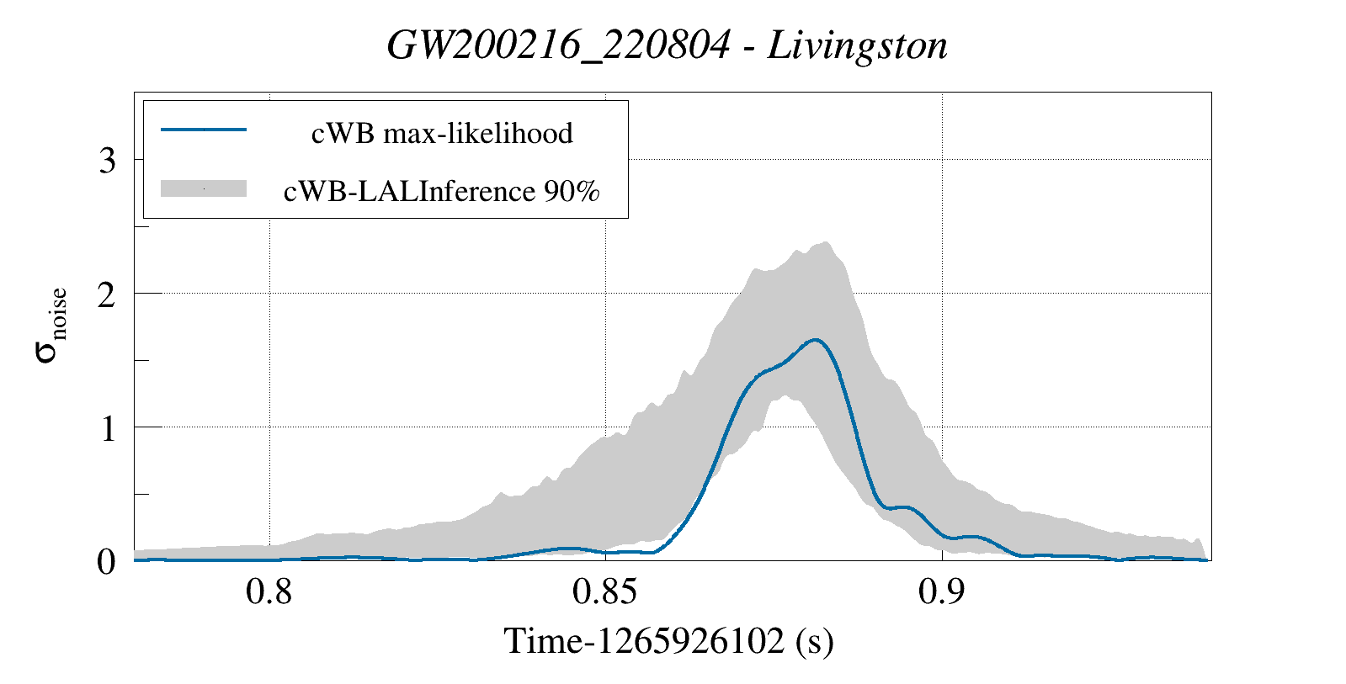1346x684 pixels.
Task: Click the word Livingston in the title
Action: click(x=857, y=45)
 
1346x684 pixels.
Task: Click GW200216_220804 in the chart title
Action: click(x=558, y=45)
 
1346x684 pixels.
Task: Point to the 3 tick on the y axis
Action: click(x=107, y=160)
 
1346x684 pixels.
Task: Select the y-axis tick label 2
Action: click(x=107, y=294)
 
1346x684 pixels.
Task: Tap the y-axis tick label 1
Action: click(x=107, y=428)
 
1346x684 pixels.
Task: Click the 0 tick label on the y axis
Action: click(x=106, y=561)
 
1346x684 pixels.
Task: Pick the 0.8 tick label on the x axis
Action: click(x=269, y=592)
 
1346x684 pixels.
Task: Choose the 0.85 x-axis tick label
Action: click(x=604, y=592)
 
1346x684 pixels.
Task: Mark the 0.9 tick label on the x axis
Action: click(x=941, y=592)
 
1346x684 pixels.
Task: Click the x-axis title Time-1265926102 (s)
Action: click(x=668, y=641)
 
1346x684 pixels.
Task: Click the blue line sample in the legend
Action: click(x=203, y=130)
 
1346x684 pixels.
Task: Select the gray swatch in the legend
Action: click(x=203, y=188)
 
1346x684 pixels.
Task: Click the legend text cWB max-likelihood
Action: click(x=442, y=133)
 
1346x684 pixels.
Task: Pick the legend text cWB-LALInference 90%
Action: click(x=442, y=192)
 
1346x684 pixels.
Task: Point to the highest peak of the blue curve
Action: click(x=815, y=340)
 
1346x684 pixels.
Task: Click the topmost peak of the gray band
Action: click(x=827, y=242)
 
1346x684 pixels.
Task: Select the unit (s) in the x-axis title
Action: click(x=814, y=641)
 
